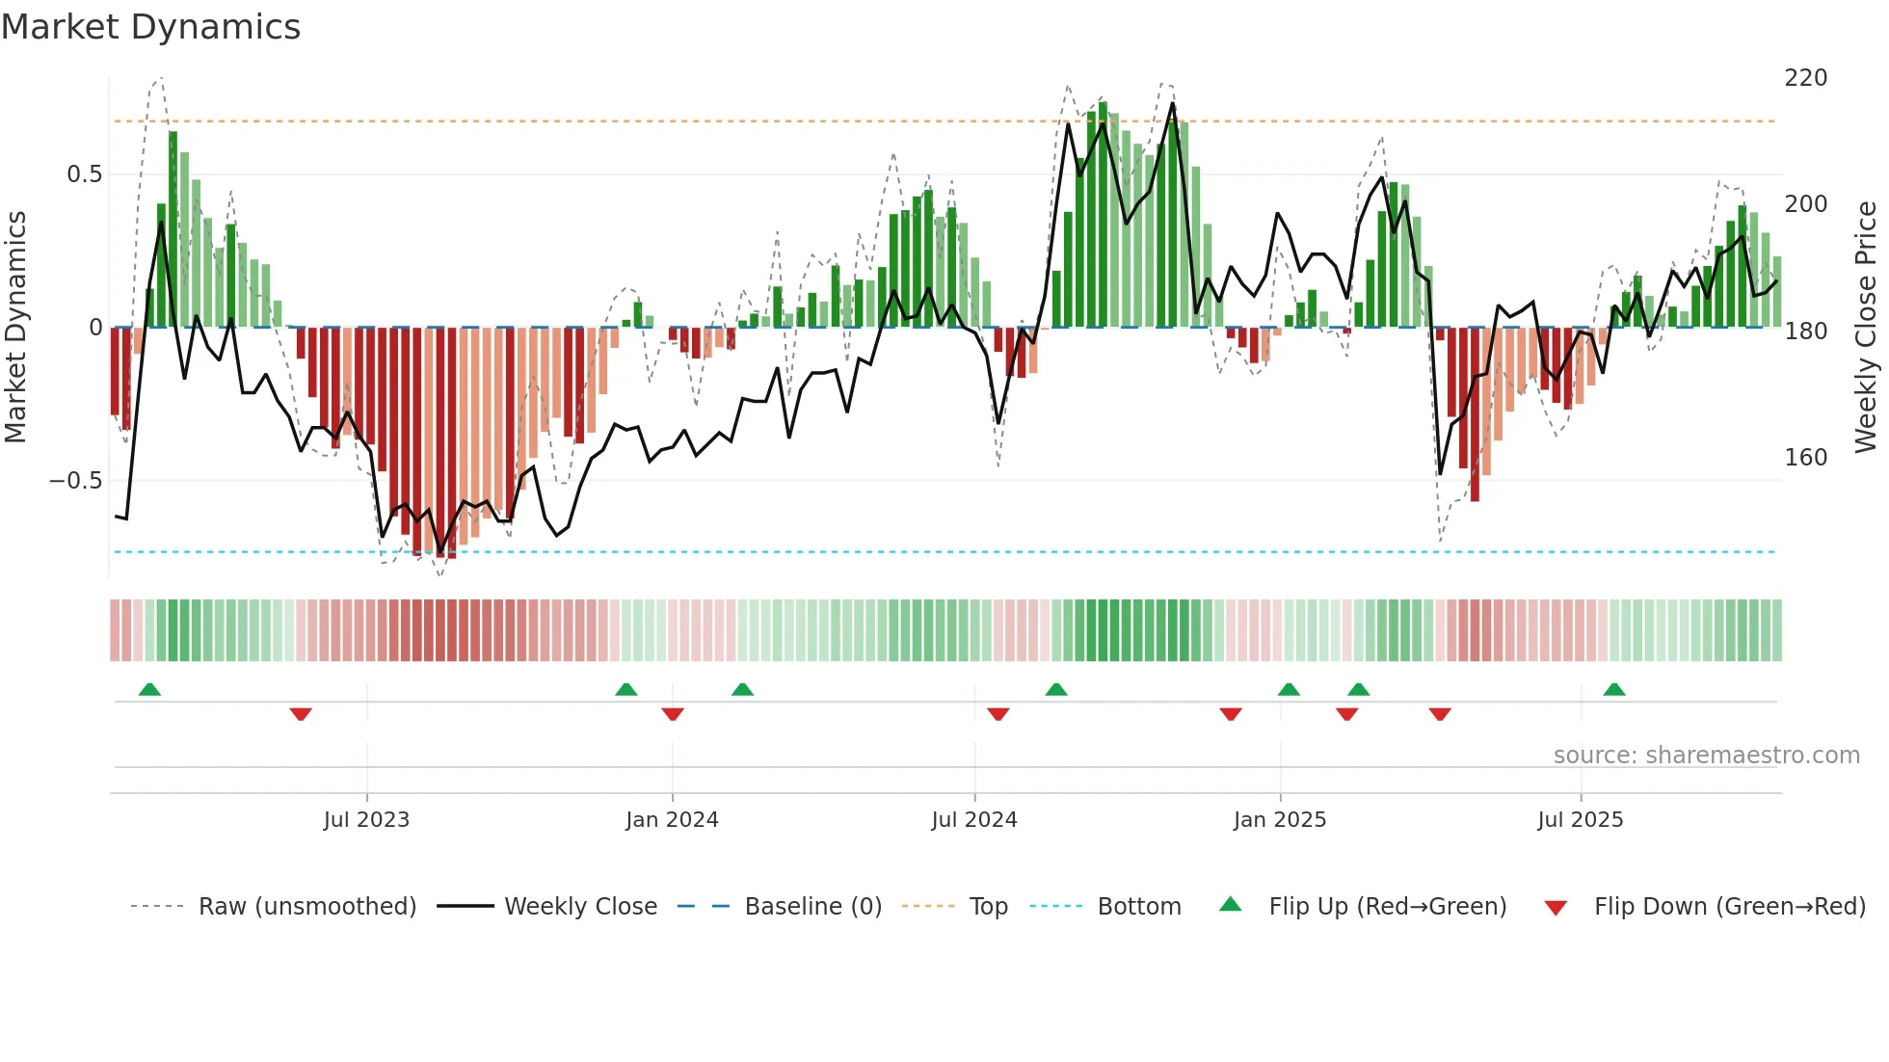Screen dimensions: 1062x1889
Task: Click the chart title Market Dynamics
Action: click(x=150, y=27)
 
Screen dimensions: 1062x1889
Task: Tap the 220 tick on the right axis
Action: click(x=1805, y=78)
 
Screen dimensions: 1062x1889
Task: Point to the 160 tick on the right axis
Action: click(x=1805, y=458)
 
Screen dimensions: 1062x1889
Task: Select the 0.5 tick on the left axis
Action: click(x=84, y=174)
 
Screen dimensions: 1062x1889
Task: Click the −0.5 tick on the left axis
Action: click(x=76, y=481)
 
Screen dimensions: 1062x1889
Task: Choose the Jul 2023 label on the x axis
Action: click(x=366, y=820)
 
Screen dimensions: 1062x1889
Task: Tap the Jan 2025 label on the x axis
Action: click(x=1279, y=820)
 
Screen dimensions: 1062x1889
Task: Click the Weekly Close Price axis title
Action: click(x=1866, y=327)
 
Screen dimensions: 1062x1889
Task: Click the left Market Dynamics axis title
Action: click(x=15, y=327)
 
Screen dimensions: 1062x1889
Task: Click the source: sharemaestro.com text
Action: click(x=1706, y=756)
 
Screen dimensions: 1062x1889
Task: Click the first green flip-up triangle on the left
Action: click(x=149, y=689)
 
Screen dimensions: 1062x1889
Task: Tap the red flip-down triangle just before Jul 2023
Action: click(x=301, y=714)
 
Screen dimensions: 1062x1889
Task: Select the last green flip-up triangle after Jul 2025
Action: click(x=1614, y=689)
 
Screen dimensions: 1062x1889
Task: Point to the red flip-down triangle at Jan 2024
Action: click(x=673, y=714)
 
